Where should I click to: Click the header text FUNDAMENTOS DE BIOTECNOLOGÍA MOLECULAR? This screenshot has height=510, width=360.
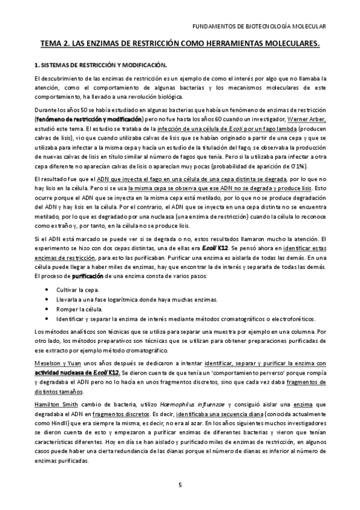(262, 27)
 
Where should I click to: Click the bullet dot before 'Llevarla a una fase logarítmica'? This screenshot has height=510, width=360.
(47, 300)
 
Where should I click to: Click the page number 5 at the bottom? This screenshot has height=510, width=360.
(180, 484)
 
